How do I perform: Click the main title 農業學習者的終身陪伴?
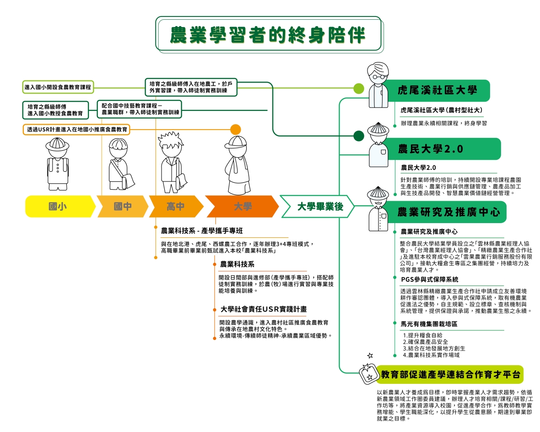(268, 34)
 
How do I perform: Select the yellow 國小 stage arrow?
(59, 207)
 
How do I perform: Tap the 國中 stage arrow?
(122, 207)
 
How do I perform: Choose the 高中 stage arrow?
(175, 207)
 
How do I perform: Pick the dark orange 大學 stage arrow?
(242, 207)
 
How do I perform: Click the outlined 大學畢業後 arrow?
(319, 207)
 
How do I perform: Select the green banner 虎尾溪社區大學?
(437, 90)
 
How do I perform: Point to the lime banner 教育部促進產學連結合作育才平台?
(450, 375)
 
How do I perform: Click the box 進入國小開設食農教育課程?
(58, 87)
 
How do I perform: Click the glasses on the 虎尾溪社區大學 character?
(378, 76)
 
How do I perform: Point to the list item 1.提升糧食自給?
(422, 335)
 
